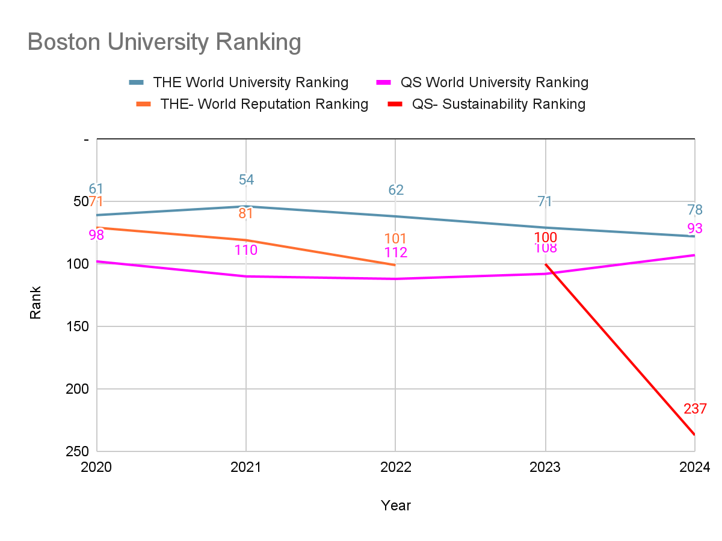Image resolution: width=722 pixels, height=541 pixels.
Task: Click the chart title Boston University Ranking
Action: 164,43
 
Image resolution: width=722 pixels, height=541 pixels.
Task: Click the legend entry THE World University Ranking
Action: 250,82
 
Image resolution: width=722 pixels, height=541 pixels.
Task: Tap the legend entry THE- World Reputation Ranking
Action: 264,104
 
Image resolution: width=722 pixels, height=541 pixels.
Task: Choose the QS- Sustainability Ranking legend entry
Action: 498,104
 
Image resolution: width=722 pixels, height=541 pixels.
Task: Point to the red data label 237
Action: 695,409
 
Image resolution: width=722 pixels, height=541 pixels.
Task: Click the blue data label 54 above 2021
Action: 246,180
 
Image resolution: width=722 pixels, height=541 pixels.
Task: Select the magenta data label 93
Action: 695,229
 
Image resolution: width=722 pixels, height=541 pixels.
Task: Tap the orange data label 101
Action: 395,239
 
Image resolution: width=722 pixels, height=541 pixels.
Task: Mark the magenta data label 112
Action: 395,253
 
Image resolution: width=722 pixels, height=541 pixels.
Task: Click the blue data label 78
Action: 695,210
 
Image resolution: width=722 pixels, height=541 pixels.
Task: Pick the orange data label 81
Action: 246,213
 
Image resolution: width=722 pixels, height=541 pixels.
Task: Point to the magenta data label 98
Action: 96,235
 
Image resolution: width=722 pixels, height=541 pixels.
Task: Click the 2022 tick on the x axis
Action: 395,467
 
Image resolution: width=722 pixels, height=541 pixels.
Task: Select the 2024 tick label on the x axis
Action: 695,467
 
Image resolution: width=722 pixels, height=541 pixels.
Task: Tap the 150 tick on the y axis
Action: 76,326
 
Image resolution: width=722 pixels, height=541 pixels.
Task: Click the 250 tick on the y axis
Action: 76,451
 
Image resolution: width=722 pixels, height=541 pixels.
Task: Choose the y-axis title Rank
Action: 36,302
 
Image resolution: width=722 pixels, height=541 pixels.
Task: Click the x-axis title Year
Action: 395,506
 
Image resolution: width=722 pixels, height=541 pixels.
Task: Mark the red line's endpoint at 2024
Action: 694,435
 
